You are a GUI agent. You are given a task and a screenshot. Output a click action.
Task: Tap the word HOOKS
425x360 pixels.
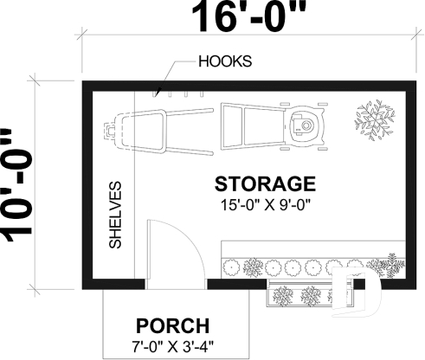(227, 62)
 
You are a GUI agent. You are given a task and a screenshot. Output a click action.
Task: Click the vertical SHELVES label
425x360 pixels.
(114, 215)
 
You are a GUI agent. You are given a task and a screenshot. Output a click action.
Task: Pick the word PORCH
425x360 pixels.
(173, 326)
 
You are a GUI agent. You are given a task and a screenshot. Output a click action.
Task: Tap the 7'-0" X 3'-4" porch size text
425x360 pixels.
(173, 349)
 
